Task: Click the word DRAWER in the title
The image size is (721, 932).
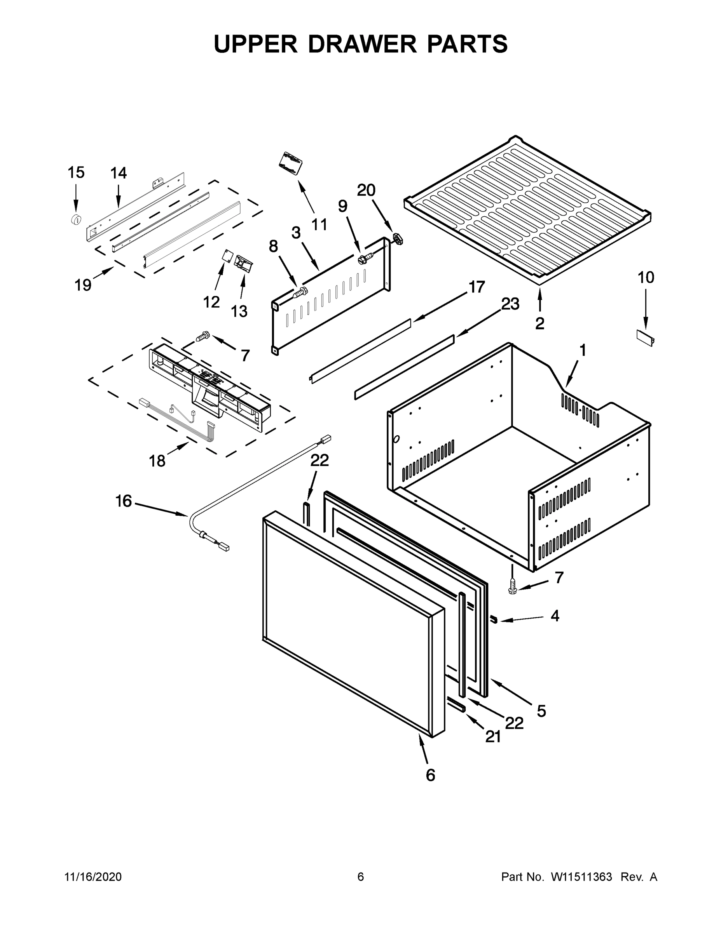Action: coord(362,44)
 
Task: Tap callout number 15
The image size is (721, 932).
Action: coord(76,173)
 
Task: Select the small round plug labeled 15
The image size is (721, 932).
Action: coord(76,220)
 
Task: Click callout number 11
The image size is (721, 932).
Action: coord(319,224)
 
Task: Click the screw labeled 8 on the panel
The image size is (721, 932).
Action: coord(300,293)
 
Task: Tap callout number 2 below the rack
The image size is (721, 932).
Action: coord(540,323)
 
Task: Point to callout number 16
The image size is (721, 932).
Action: coord(124,501)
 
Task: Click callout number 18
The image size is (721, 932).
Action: coord(157,461)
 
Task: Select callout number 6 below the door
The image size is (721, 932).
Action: coord(430,775)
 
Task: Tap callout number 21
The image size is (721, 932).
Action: coord(493,737)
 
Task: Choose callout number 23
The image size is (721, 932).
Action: coord(510,304)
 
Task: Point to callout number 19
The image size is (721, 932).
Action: coord(83,285)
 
